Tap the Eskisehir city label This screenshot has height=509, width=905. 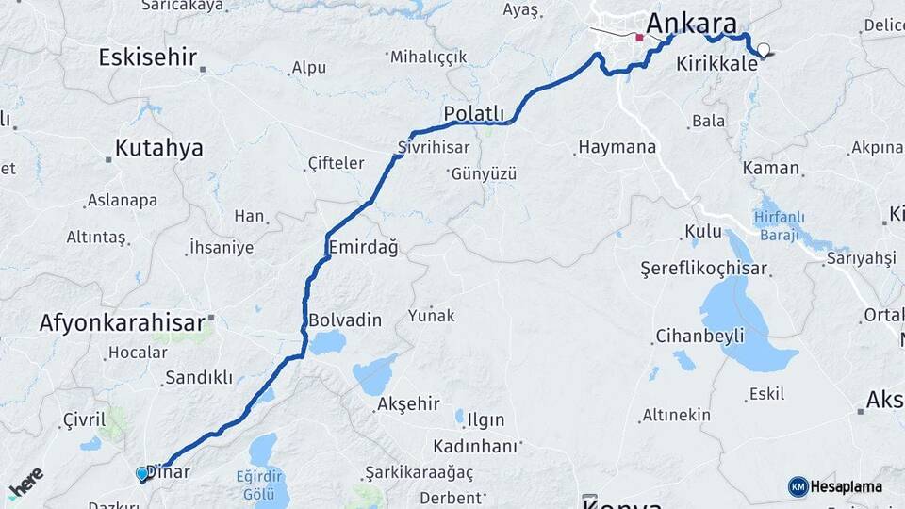point(148,57)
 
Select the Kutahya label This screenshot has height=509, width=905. point(158,148)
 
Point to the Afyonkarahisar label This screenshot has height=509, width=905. point(122,323)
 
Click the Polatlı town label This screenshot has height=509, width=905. point(473,114)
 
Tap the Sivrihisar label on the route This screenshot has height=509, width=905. point(433,148)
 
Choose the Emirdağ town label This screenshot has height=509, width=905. point(363,247)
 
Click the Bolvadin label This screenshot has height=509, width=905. point(345,320)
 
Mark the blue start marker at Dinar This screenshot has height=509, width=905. point(142,473)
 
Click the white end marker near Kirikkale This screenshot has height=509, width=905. point(763,51)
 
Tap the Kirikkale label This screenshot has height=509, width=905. point(716,66)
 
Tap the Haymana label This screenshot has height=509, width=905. point(616,148)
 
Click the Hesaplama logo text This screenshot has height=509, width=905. point(846,486)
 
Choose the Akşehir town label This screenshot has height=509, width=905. point(408,403)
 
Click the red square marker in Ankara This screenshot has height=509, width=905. point(639,38)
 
